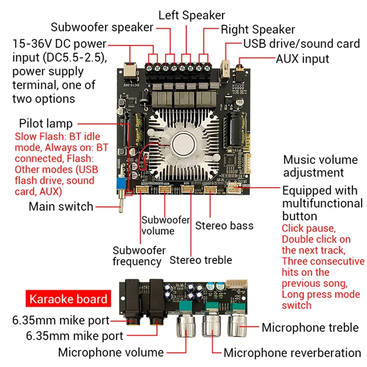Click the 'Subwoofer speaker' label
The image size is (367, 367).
[x=102, y=27]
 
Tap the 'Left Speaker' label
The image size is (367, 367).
[x=192, y=15]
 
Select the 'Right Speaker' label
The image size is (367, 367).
[x=258, y=30]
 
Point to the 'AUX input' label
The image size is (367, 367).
[x=302, y=59]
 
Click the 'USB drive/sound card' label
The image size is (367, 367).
[x=301, y=44]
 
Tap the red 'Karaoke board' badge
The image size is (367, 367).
[x=68, y=300]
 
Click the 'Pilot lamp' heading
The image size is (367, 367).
[x=46, y=123]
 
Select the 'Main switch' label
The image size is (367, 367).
[x=61, y=206]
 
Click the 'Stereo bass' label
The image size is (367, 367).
[x=224, y=226]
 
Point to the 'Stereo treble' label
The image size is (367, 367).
[x=201, y=260]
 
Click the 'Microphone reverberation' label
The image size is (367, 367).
[x=292, y=353]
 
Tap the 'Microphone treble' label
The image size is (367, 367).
[x=310, y=328]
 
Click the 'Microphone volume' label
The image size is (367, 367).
[x=111, y=352]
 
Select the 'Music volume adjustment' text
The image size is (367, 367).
[x=320, y=166]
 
